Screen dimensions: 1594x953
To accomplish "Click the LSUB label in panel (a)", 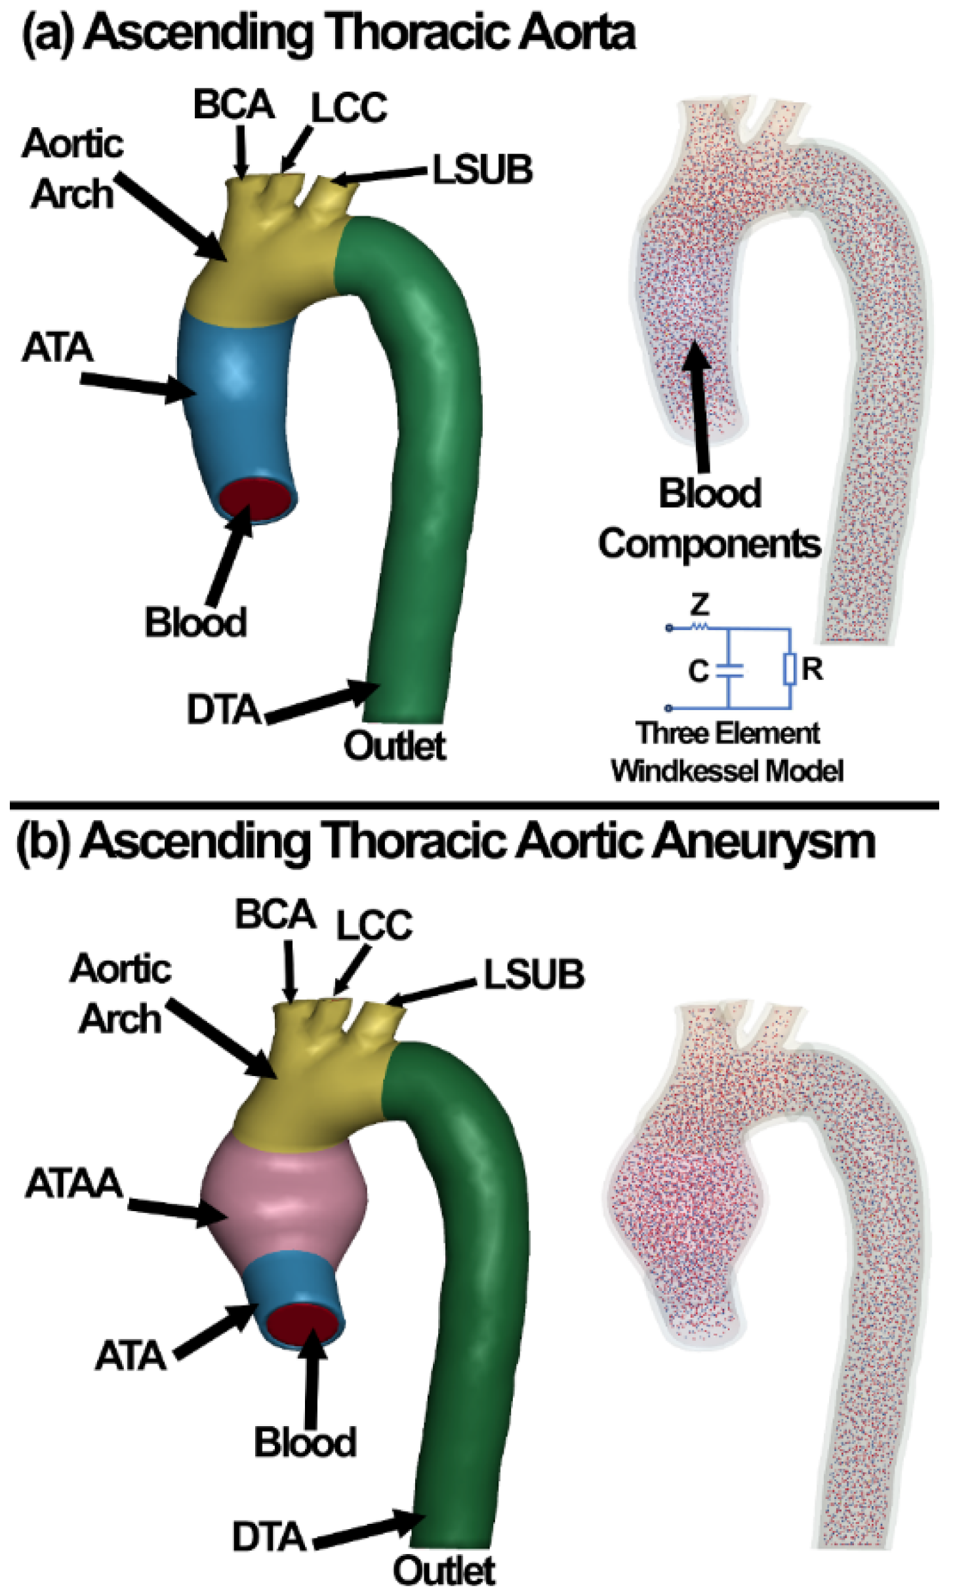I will point(483,170).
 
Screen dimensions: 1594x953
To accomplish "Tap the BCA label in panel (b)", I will point(275,914).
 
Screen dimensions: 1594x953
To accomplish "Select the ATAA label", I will point(74,1184).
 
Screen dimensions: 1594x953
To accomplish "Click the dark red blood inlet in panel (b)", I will point(304,1323).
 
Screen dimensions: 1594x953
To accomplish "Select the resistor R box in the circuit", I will point(790,669).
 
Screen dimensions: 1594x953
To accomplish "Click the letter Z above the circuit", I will point(700,604).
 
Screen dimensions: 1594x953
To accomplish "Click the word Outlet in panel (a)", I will point(395,746).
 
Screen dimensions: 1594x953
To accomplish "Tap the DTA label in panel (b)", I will point(269,1537).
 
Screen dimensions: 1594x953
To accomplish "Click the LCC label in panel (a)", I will point(349,108).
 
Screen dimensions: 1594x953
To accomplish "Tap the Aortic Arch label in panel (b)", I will point(121,994).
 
